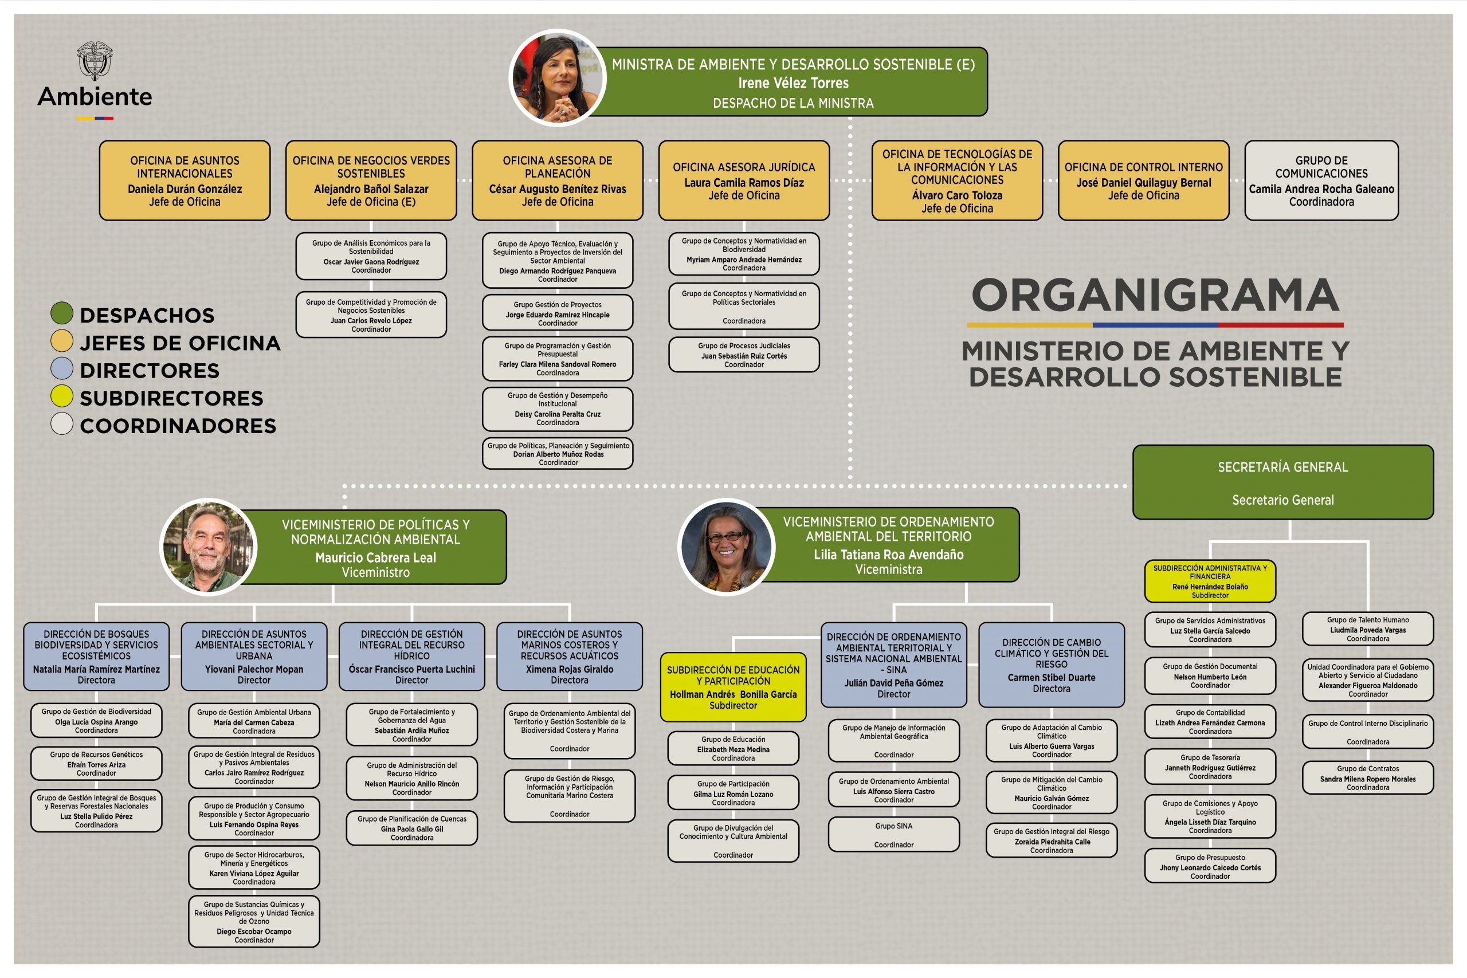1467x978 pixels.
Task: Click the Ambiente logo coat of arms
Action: pyautogui.click(x=95, y=61)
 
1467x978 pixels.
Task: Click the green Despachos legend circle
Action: pyautogui.click(x=62, y=313)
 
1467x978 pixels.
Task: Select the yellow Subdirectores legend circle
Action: pyautogui.click(x=62, y=396)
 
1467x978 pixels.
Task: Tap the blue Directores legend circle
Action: pyautogui.click(x=62, y=368)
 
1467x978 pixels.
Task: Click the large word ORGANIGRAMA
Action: pyautogui.click(x=1155, y=295)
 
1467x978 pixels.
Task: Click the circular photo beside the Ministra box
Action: pyautogui.click(x=558, y=78)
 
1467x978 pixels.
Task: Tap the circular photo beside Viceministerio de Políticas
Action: pyautogui.click(x=209, y=547)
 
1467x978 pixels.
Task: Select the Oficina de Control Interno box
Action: pyautogui.click(x=1143, y=180)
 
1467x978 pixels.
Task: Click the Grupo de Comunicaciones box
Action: pyautogui.click(x=1321, y=180)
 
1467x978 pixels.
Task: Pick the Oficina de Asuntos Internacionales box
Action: pyautogui.click(x=185, y=180)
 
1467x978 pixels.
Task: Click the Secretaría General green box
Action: pyautogui.click(x=1282, y=482)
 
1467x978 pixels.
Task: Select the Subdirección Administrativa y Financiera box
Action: pyautogui.click(x=1210, y=582)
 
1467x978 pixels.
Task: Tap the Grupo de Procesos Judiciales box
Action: pyautogui.click(x=744, y=355)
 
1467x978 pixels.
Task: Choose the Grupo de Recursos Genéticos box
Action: pyautogui.click(x=97, y=764)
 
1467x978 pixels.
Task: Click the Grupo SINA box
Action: pyautogui.click(x=894, y=835)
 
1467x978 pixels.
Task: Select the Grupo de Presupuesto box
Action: pyautogui.click(x=1210, y=866)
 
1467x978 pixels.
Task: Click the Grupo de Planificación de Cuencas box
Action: pyautogui.click(x=411, y=828)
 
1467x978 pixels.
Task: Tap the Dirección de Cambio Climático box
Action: pyautogui.click(x=1052, y=665)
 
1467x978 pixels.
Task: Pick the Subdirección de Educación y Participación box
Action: pyautogui.click(x=733, y=688)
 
